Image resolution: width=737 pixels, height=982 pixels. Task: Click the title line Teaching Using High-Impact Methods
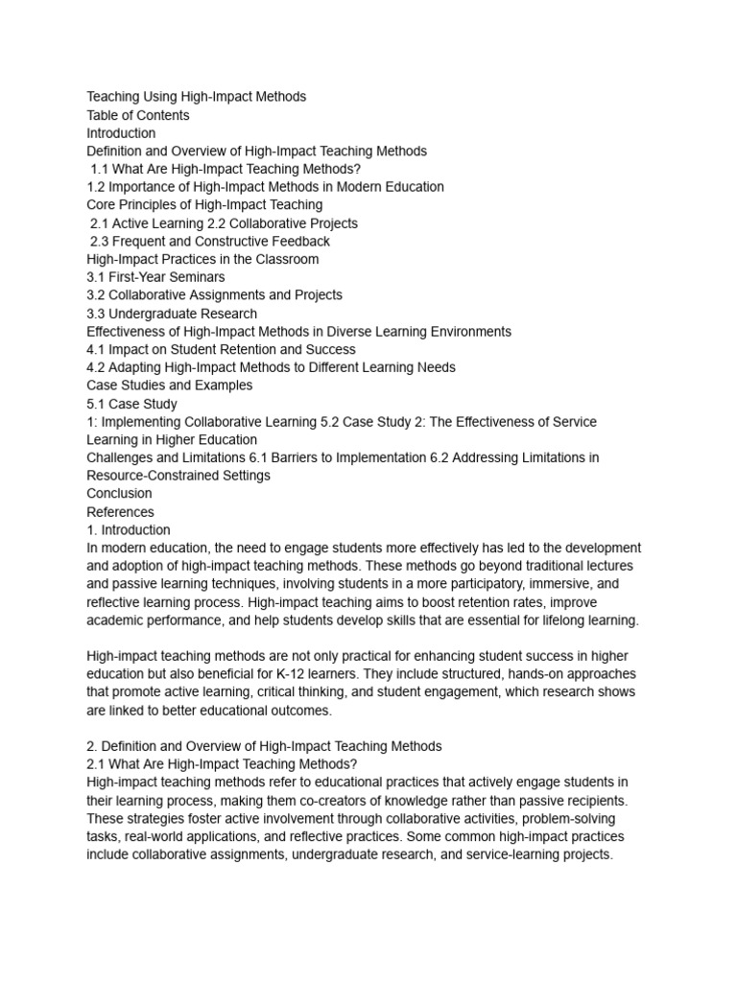click(197, 97)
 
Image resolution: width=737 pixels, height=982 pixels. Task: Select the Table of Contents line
click(138, 115)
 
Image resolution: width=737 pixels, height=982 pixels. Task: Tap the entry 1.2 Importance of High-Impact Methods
click(265, 187)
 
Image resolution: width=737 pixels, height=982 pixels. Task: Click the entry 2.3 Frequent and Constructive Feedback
click(209, 241)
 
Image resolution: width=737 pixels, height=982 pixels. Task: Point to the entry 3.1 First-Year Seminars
click(155, 277)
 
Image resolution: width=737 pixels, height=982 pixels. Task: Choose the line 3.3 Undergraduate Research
click(171, 314)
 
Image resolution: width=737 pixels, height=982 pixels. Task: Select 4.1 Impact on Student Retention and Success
click(221, 349)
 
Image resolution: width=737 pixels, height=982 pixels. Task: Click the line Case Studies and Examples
click(170, 386)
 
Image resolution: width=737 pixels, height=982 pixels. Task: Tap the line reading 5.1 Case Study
click(131, 404)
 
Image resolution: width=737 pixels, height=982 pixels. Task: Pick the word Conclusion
click(119, 494)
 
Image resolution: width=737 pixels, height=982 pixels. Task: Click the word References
click(120, 512)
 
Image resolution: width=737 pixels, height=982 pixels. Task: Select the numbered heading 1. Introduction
click(129, 529)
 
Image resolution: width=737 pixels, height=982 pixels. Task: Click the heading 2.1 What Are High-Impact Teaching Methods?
click(222, 764)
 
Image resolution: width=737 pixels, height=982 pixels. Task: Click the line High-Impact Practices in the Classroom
click(202, 259)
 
